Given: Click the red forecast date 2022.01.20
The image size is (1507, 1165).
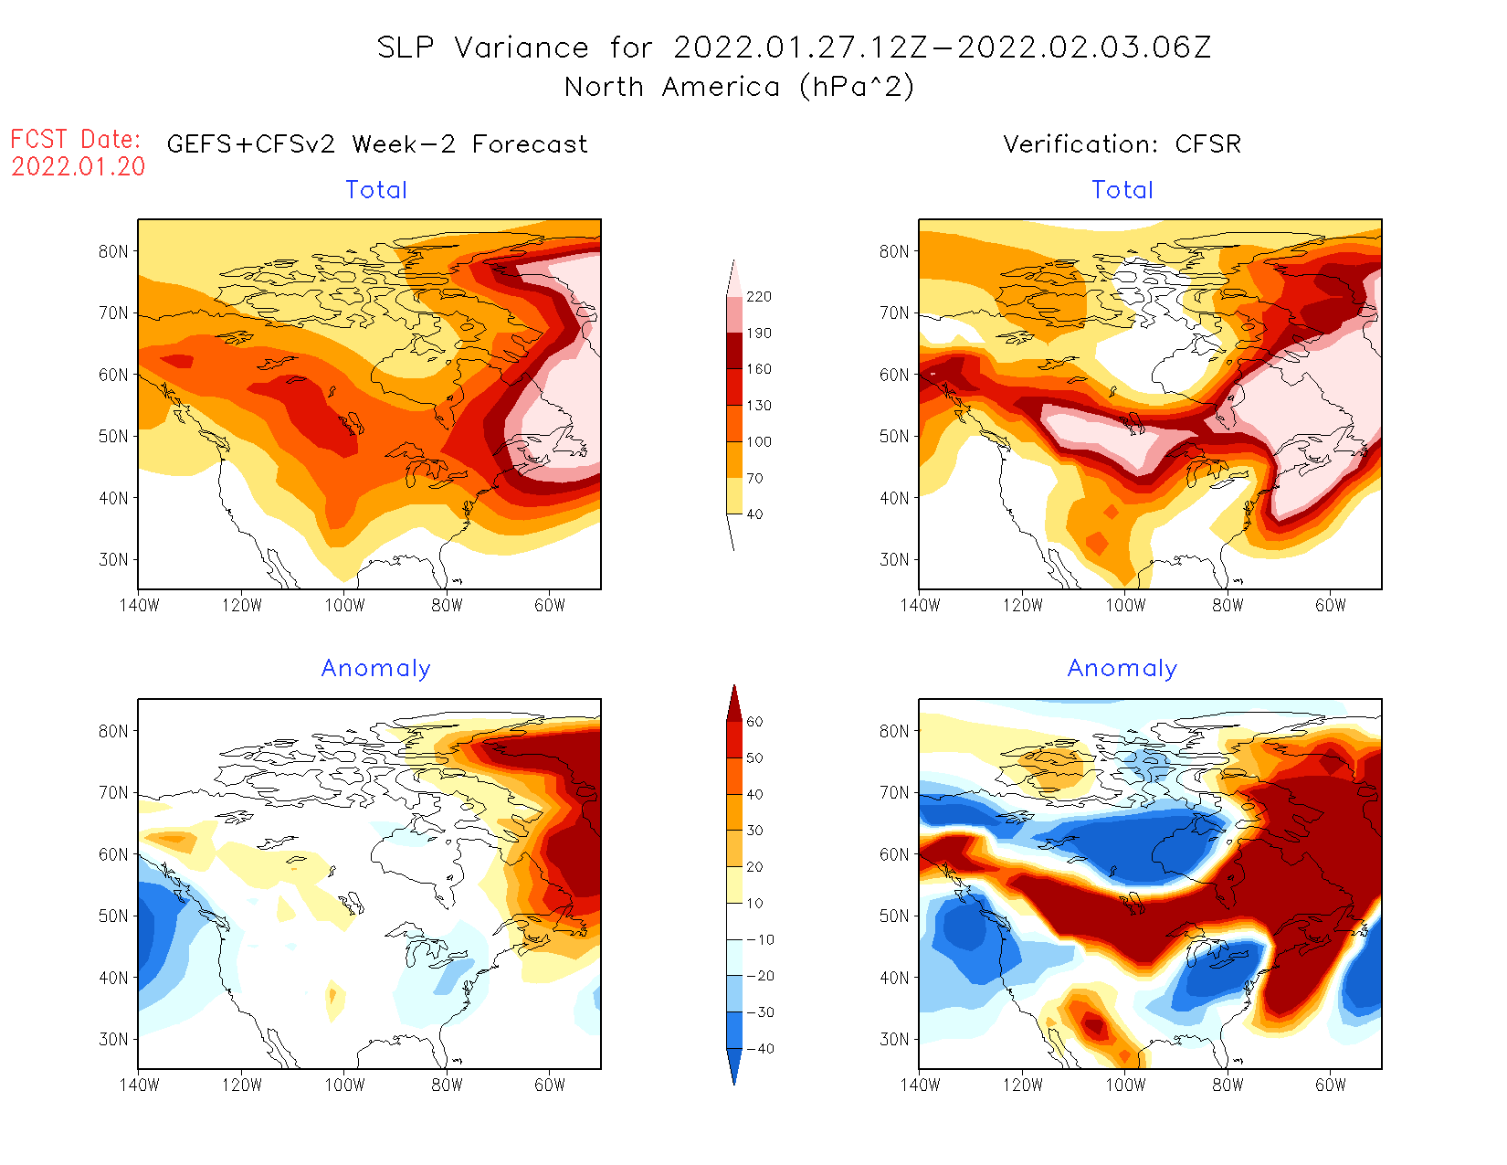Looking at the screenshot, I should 79,166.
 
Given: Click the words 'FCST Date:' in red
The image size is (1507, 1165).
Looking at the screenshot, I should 76,140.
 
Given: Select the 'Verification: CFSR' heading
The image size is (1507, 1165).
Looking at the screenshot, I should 1122,144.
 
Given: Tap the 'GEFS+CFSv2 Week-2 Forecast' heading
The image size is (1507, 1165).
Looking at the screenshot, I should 377,144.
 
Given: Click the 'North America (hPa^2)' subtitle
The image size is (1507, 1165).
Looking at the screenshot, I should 739,87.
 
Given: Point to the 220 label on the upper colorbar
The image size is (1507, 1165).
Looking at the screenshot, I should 758,297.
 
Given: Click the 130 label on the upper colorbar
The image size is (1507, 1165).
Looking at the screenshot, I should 758,406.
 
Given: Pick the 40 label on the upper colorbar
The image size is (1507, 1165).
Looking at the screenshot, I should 754,514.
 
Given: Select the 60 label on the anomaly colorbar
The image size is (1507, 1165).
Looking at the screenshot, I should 754,722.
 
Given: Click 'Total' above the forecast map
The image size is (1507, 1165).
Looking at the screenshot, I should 376,190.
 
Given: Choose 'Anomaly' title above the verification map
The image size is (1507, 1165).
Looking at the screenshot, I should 1122,669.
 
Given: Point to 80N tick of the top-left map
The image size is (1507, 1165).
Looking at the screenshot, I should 113,251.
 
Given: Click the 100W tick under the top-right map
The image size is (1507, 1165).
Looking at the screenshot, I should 1125,605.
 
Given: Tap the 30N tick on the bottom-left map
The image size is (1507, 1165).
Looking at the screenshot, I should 113,1039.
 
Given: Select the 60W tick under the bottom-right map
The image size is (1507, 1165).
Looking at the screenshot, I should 1331,1085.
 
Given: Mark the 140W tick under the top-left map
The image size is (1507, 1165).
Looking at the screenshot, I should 139,605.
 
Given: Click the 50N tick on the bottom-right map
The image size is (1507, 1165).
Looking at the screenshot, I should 894,916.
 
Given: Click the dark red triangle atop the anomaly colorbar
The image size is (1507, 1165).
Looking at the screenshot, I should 734,704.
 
